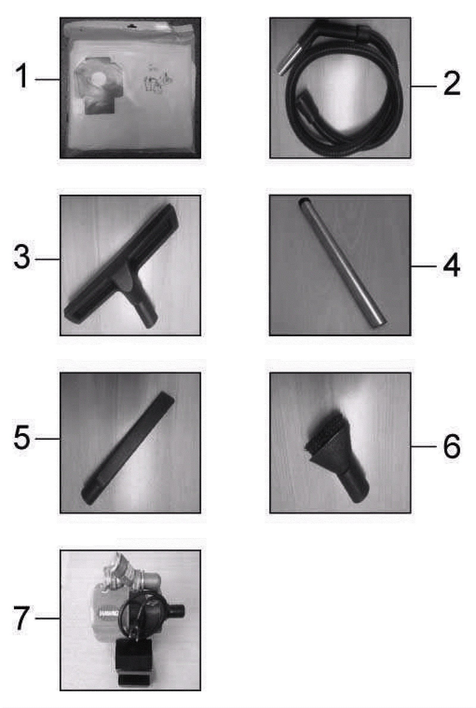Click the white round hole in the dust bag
[98, 80]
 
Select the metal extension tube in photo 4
[342, 263]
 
